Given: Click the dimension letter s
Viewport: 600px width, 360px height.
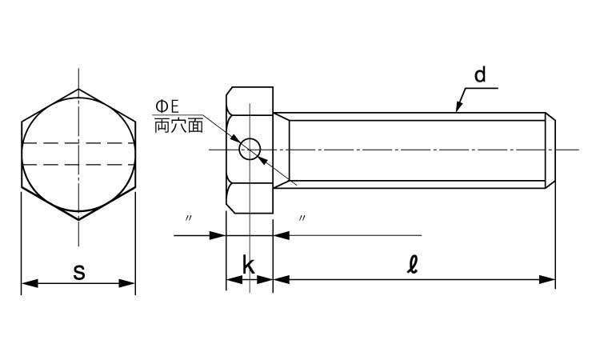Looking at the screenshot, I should pyautogui.click(x=78, y=271).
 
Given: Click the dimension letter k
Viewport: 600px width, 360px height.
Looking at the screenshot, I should pyautogui.click(x=249, y=266).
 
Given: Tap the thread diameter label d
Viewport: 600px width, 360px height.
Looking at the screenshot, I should pyautogui.click(x=479, y=76).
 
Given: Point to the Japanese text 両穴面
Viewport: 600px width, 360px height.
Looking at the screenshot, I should pyautogui.click(x=178, y=126).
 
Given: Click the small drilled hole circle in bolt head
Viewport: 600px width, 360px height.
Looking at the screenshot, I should pyautogui.click(x=251, y=150).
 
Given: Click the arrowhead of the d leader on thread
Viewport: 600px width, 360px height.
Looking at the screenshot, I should pyautogui.click(x=459, y=108).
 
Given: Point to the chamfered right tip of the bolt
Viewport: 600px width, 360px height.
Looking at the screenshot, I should pyautogui.click(x=551, y=150).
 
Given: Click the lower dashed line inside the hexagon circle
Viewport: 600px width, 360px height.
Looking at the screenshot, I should pyautogui.click(x=78, y=165).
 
